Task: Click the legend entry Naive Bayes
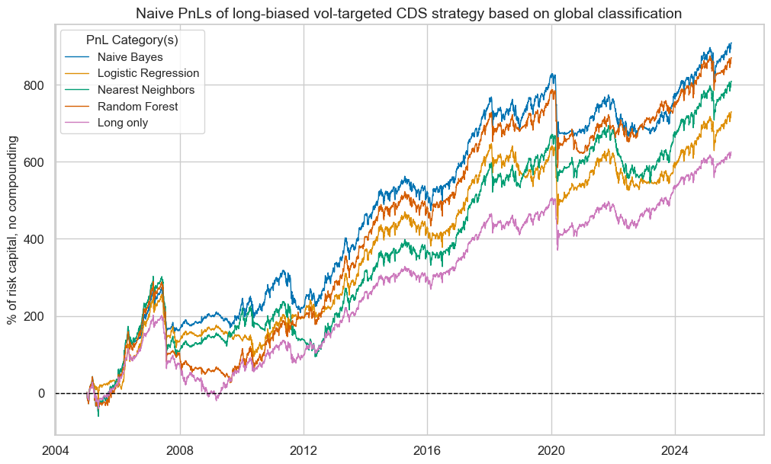point(130,56)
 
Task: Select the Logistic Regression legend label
point(148,73)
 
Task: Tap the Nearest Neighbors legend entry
point(146,90)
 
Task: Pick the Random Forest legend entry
point(137,107)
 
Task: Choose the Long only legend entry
point(123,123)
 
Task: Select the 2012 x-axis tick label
point(304,450)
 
